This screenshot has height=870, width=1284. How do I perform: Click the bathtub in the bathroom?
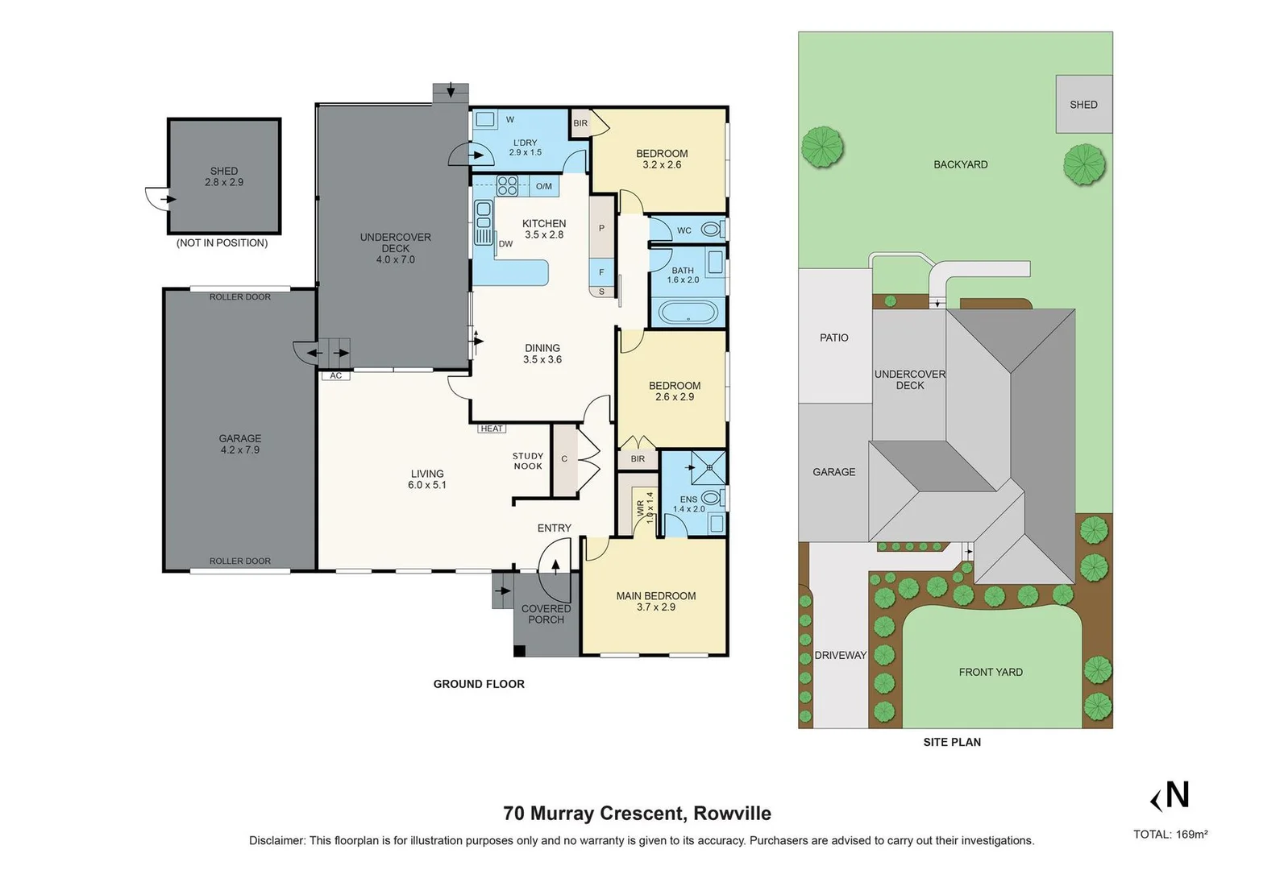tap(688, 313)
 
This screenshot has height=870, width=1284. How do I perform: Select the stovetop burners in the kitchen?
tap(507, 185)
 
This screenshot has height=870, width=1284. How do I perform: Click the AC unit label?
tap(336, 375)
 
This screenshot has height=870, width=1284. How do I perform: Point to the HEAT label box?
tap(491, 429)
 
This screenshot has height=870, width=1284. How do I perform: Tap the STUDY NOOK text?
tap(528, 461)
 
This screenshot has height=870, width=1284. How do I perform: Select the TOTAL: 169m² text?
tap(1170, 835)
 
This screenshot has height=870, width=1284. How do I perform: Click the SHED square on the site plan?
tap(1084, 104)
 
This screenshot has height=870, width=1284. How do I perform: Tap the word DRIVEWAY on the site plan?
tap(841, 655)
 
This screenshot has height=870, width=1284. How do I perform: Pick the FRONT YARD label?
tap(991, 672)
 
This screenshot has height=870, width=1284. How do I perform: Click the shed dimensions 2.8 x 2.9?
tap(224, 182)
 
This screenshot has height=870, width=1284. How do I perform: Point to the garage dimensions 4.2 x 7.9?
tap(240, 449)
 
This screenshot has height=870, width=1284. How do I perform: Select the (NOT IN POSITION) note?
tap(222, 242)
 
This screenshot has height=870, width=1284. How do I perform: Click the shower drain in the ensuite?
tap(709, 467)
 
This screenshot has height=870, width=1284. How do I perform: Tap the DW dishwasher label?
tap(505, 244)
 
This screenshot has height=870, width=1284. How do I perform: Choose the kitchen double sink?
tap(484, 215)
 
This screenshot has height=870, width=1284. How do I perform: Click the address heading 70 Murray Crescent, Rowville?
tap(638, 814)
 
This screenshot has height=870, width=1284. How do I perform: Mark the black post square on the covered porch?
tap(519, 651)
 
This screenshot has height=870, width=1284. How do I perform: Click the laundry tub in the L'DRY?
tap(485, 120)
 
